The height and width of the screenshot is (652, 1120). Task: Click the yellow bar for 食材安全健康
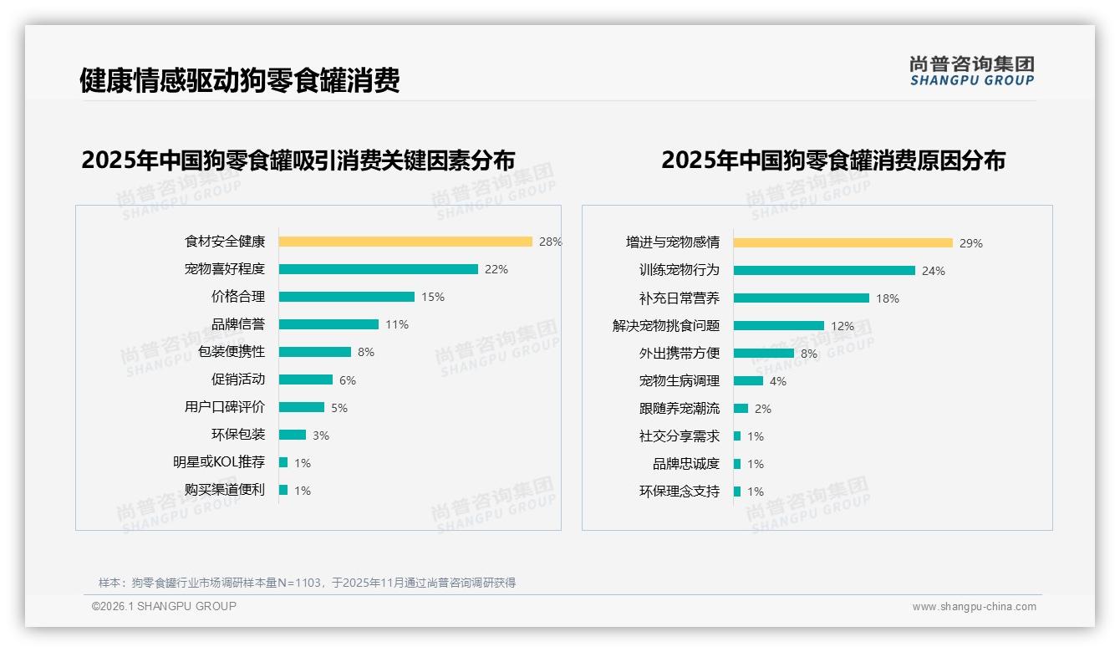tap(405, 242)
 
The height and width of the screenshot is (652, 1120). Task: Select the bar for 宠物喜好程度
tap(378, 269)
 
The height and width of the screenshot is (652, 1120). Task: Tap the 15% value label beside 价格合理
tap(433, 297)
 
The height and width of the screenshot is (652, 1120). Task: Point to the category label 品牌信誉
tap(238, 324)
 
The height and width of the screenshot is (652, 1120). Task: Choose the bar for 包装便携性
tap(315, 352)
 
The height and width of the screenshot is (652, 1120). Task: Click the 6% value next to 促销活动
tap(348, 380)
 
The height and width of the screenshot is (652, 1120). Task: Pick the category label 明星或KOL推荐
tap(219, 462)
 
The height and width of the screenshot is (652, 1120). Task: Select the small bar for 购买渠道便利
tap(283, 490)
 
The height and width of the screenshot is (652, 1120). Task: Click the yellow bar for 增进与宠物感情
tap(843, 243)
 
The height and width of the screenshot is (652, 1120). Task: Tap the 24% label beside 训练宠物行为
tap(934, 271)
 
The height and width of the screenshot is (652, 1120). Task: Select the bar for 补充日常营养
tap(802, 298)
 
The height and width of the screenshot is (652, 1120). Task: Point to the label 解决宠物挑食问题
tap(666, 326)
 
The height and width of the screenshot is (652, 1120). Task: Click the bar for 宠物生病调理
tap(748, 381)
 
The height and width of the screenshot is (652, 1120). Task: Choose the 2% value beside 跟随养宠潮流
tap(763, 409)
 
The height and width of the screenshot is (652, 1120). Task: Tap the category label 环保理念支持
tap(680, 492)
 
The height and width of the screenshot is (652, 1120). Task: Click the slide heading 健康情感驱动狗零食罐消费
tap(240, 80)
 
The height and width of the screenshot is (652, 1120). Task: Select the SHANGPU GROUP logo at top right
tap(971, 71)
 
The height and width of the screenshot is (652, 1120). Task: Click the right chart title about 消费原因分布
tap(833, 160)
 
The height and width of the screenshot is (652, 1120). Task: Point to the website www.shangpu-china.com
tap(974, 607)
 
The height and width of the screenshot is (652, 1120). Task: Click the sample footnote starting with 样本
tap(307, 583)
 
